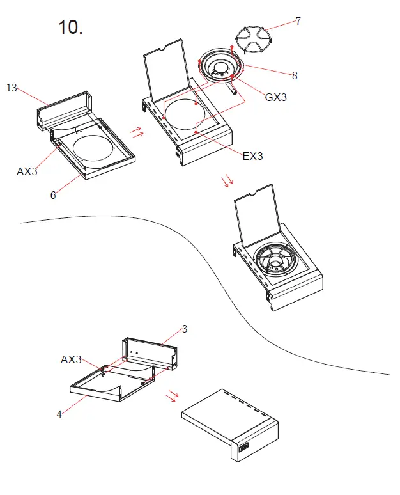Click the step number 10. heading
[x=70, y=27]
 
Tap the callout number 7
[x=298, y=21]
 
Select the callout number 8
[x=295, y=75]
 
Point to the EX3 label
[x=252, y=155]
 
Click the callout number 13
[x=12, y=88]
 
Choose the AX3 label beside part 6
[x=27, y=171]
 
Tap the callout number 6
[x=53, y=196]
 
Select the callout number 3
[x=185, y=329]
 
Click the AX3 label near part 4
[x=71, y=360]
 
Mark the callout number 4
[x=59, y=414]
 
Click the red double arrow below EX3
[x=227, y=181]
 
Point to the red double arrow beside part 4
[x=171, y=396]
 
